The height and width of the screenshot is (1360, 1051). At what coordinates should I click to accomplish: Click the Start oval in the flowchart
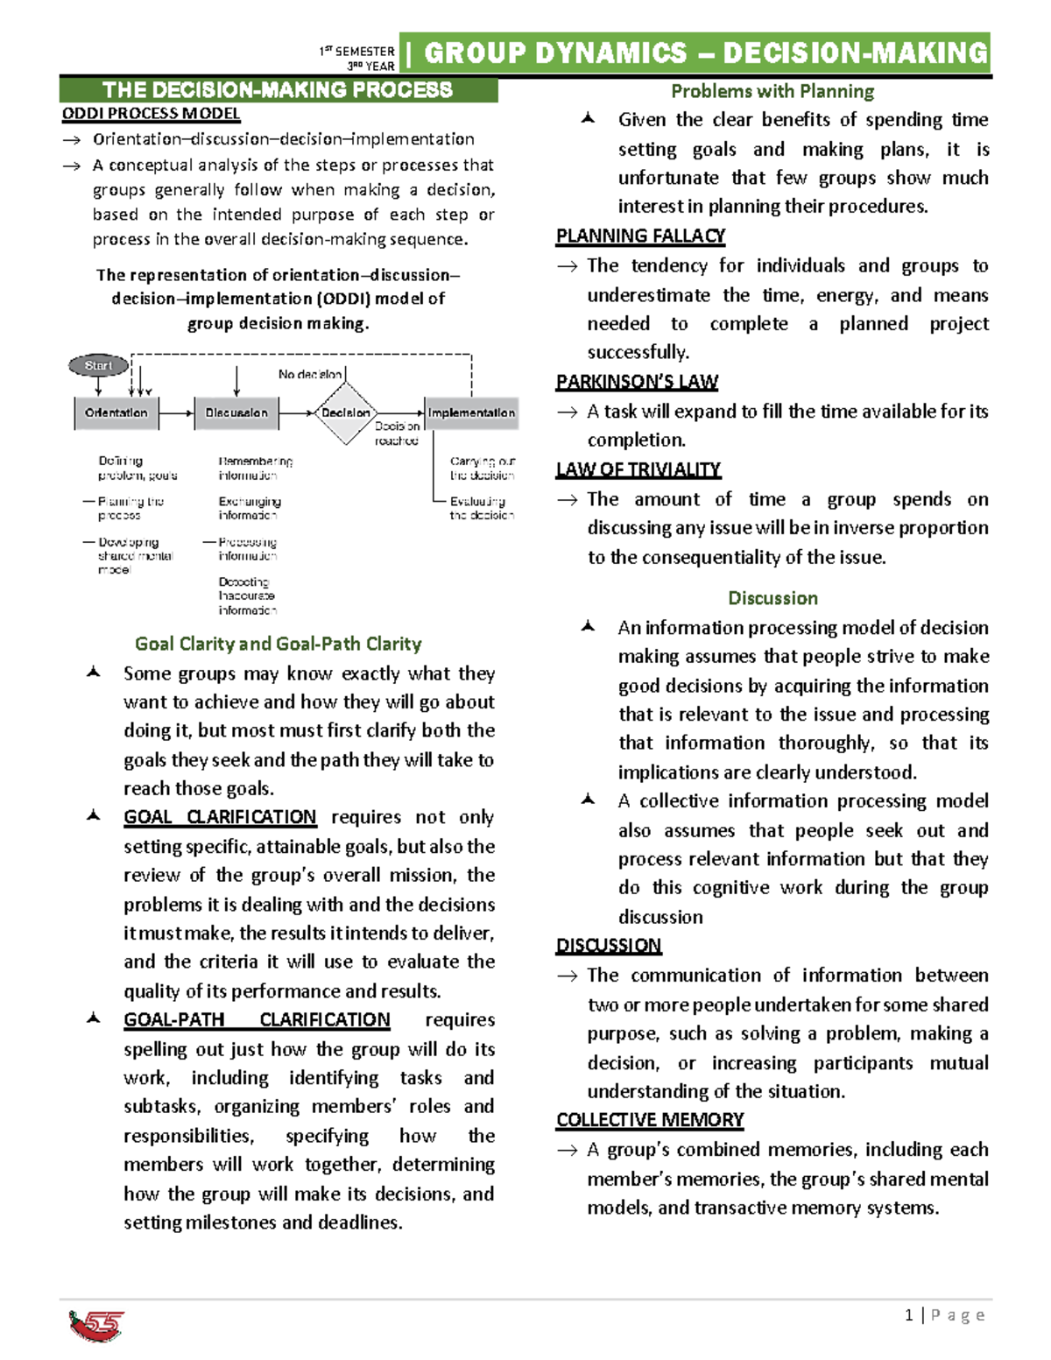[x=98, y=365]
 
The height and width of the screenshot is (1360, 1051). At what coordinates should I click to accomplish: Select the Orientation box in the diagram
[x=116, y=412]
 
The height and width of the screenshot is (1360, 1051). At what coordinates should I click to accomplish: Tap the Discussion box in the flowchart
[x=236, y=412]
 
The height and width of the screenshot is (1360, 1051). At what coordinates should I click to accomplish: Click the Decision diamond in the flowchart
[x=346, y=412]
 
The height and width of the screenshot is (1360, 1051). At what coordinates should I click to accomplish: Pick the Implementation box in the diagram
[x=471, y=412]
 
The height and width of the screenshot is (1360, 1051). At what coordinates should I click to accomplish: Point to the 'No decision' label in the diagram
[x=310, y=374]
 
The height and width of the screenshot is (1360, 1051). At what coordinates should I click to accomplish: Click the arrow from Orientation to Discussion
[x=176, y=412]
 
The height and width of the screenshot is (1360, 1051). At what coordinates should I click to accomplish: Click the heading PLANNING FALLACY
[x=640, y=236]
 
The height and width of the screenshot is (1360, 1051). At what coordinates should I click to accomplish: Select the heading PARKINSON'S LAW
[x=637, y=382]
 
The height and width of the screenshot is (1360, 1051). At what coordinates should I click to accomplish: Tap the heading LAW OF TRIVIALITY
[x=638, y=469]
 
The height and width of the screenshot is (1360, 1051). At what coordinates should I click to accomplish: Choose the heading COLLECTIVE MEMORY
[x=650, y=1120]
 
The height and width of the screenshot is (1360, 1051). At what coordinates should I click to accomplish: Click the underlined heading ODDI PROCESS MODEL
[x=151, y=114]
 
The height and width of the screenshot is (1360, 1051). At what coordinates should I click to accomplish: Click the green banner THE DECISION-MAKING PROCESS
[x=278, y=90]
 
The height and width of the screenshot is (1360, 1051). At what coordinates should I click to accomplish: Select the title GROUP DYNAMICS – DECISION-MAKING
[x=705, y=53]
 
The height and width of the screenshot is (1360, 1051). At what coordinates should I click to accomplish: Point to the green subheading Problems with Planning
[x=772, y=91]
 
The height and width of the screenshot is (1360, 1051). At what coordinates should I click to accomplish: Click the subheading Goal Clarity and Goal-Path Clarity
[x=278, y=644]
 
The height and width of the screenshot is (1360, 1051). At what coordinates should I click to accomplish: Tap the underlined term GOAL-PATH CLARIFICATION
[x=257, y=1019]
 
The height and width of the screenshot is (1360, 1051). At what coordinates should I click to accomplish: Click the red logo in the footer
[x=96, y=1325]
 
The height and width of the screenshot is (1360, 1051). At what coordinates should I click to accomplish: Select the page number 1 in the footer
[x=909, y=1314]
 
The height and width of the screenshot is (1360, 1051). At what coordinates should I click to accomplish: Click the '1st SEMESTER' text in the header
[x=357, y=52]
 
